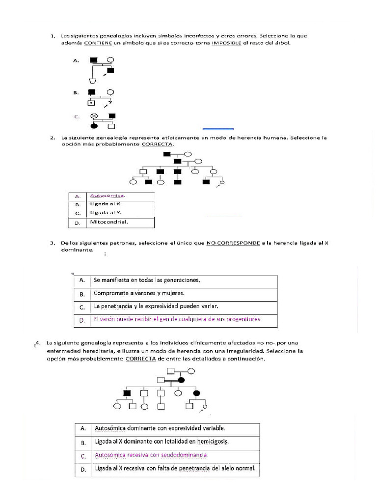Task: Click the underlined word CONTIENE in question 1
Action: pyautogui.click(x=98, y=43)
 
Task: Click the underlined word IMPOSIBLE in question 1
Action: pyautogui.click(x=226, y=43)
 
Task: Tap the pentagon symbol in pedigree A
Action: pyautogui.click(x=92, y=81)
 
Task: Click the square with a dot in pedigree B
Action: pyautogui.click(x=91, y=103)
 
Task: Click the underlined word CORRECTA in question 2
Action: pyautogui.click(x=157, y=145)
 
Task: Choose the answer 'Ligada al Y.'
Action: pyautogui.click(x=106, y=213)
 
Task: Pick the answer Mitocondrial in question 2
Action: pyautogui.click(x=108, y=222)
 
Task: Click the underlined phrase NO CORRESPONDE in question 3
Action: pyautogui.click(x=233, y=243)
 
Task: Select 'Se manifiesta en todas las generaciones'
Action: pyautogui.click(x=147, y=280)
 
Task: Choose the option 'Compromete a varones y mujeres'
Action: pyautogui.click(x=139, y=293)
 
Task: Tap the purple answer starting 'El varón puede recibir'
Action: pyautogui.click(x=177, y=319)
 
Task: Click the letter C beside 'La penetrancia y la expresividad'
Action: pyautogui.click(x=82, y=307)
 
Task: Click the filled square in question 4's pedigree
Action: pyautogui.click(x=127, y=393)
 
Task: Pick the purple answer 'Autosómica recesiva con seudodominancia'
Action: pyautogui.click(x=152, y=455)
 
